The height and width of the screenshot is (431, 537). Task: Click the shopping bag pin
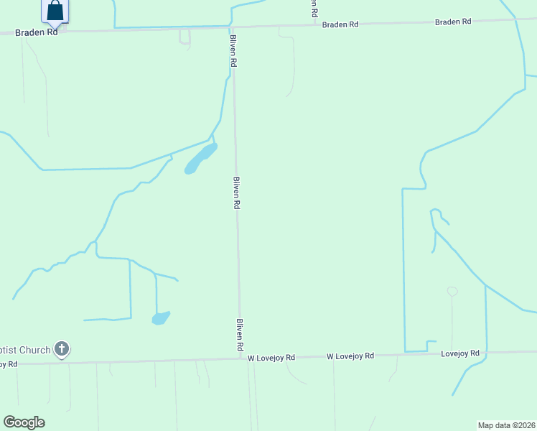click(55, 11)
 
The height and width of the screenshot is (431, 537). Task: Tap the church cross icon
click(62, 350)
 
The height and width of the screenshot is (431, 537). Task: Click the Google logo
click(24, 422)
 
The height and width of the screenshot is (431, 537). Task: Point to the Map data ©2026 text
click(507, 425)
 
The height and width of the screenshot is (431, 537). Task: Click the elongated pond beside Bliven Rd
click(200, 159)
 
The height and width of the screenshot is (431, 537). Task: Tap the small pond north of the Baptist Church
click(161, 318)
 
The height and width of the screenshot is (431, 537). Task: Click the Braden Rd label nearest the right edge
click(453, 22)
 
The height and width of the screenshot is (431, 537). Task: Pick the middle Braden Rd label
click(340, 24)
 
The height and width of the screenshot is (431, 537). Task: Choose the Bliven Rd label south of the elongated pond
click(236, 193)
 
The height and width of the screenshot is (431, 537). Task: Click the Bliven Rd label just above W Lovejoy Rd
click(241, 334)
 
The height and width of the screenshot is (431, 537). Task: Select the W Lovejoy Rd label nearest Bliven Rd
click(271, 357)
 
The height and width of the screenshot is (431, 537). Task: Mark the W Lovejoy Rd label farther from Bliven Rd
click(350, 356)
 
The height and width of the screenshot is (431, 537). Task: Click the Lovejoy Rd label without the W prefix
click(459, 353)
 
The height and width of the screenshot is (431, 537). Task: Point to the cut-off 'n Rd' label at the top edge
click(314, 9)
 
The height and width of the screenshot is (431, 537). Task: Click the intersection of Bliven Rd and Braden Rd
click(231, 27)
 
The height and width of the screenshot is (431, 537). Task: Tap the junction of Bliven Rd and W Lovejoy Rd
click(241, 358)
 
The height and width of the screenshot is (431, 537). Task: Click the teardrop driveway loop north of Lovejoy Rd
click(452, 292)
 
